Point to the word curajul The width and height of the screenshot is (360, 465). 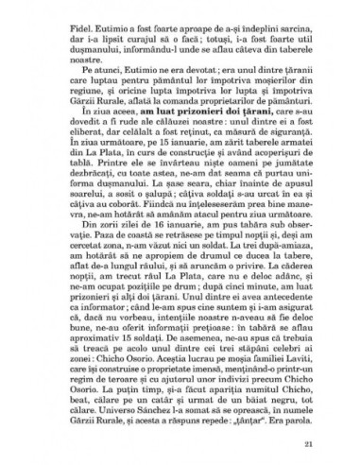click(135, 28)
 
